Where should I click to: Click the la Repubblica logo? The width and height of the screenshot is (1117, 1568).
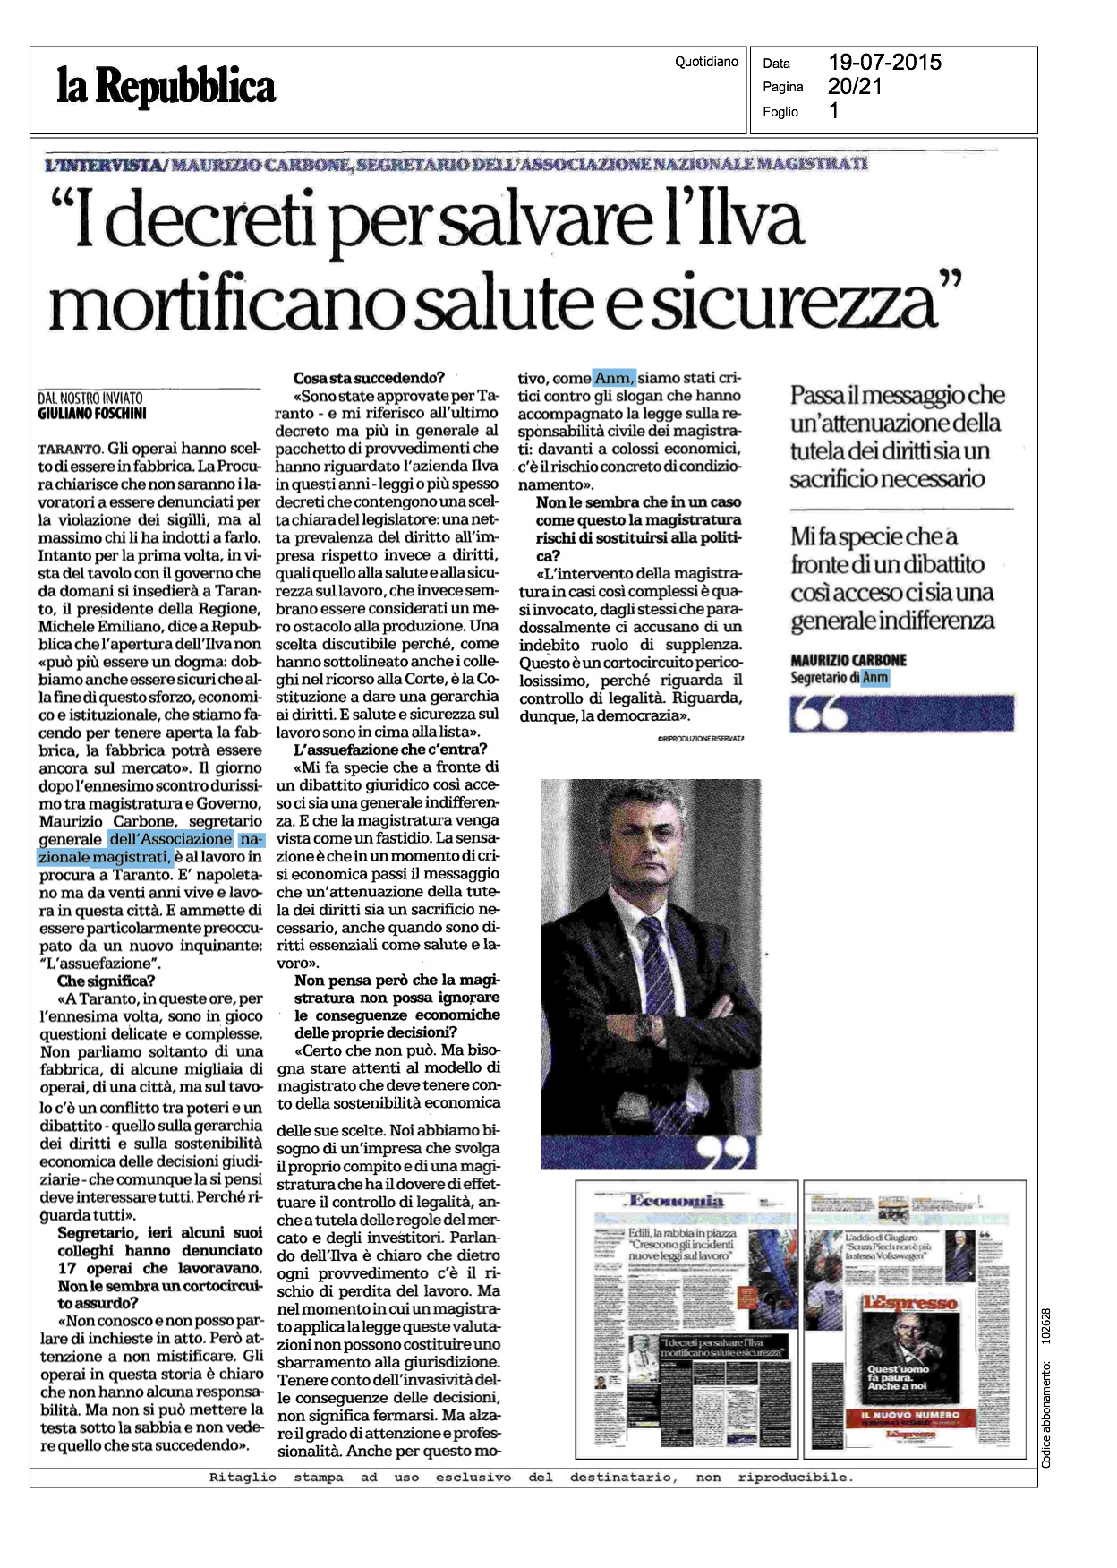(166, 88)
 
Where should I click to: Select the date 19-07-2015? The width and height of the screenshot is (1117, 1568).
(884, 62)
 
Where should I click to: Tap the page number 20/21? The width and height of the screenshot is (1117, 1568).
(855, 86)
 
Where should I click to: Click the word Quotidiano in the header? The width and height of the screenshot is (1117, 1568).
(706, 62)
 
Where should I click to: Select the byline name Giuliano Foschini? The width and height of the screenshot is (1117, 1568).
(92, 414)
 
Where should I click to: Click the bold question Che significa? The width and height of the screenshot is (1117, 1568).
(106, 981)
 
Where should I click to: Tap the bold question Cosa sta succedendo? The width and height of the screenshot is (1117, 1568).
(369, 378)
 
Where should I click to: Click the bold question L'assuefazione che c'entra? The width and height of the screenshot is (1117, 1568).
(390, 750)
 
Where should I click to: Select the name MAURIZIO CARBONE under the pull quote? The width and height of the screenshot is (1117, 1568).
(848, 660)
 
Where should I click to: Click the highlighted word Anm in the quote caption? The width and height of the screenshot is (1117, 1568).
(875, 678)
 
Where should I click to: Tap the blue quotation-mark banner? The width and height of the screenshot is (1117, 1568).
(901, 714)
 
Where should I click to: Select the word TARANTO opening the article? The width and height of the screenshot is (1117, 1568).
(71, 449)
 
